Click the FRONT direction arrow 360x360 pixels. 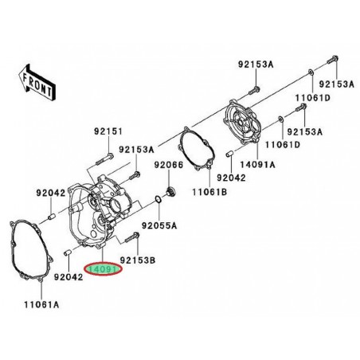[37, 83]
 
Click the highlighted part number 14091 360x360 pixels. [103, 269]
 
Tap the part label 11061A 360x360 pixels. [41, 304]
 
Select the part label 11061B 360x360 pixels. [209, 192]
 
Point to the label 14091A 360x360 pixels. [257, 165]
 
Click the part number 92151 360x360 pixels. [108, 131]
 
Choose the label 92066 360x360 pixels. [169, 165]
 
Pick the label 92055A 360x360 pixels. [159, 225]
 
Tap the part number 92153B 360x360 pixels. [138, 260]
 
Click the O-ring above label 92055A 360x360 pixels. [158, 200]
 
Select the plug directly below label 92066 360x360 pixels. [170, 191]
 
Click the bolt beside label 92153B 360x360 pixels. [132, 237]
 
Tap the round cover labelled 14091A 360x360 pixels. [244, 122]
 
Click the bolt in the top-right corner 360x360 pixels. [332, 59]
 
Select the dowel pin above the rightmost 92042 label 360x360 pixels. [229, 154]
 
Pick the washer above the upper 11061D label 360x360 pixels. [311, 72]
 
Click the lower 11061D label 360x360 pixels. [283, 144]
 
